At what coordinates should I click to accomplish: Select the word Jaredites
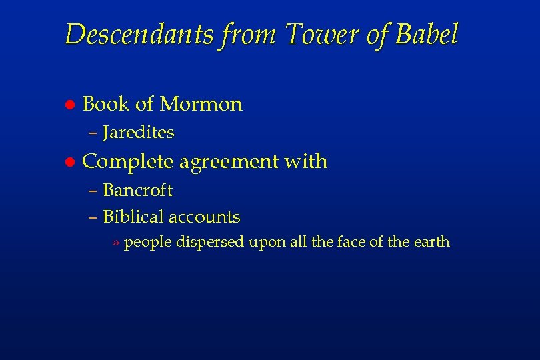pyautogui.click(x=139, y=133)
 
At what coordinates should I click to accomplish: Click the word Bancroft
pyautogui.click(x=138, y=191)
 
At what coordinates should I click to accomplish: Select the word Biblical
pyautogui.click(x=133, y=217)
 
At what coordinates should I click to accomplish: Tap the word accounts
pyautogui.click(x=205, y=217)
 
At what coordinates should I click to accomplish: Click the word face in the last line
pyautogui.click(x=351, y=242)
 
